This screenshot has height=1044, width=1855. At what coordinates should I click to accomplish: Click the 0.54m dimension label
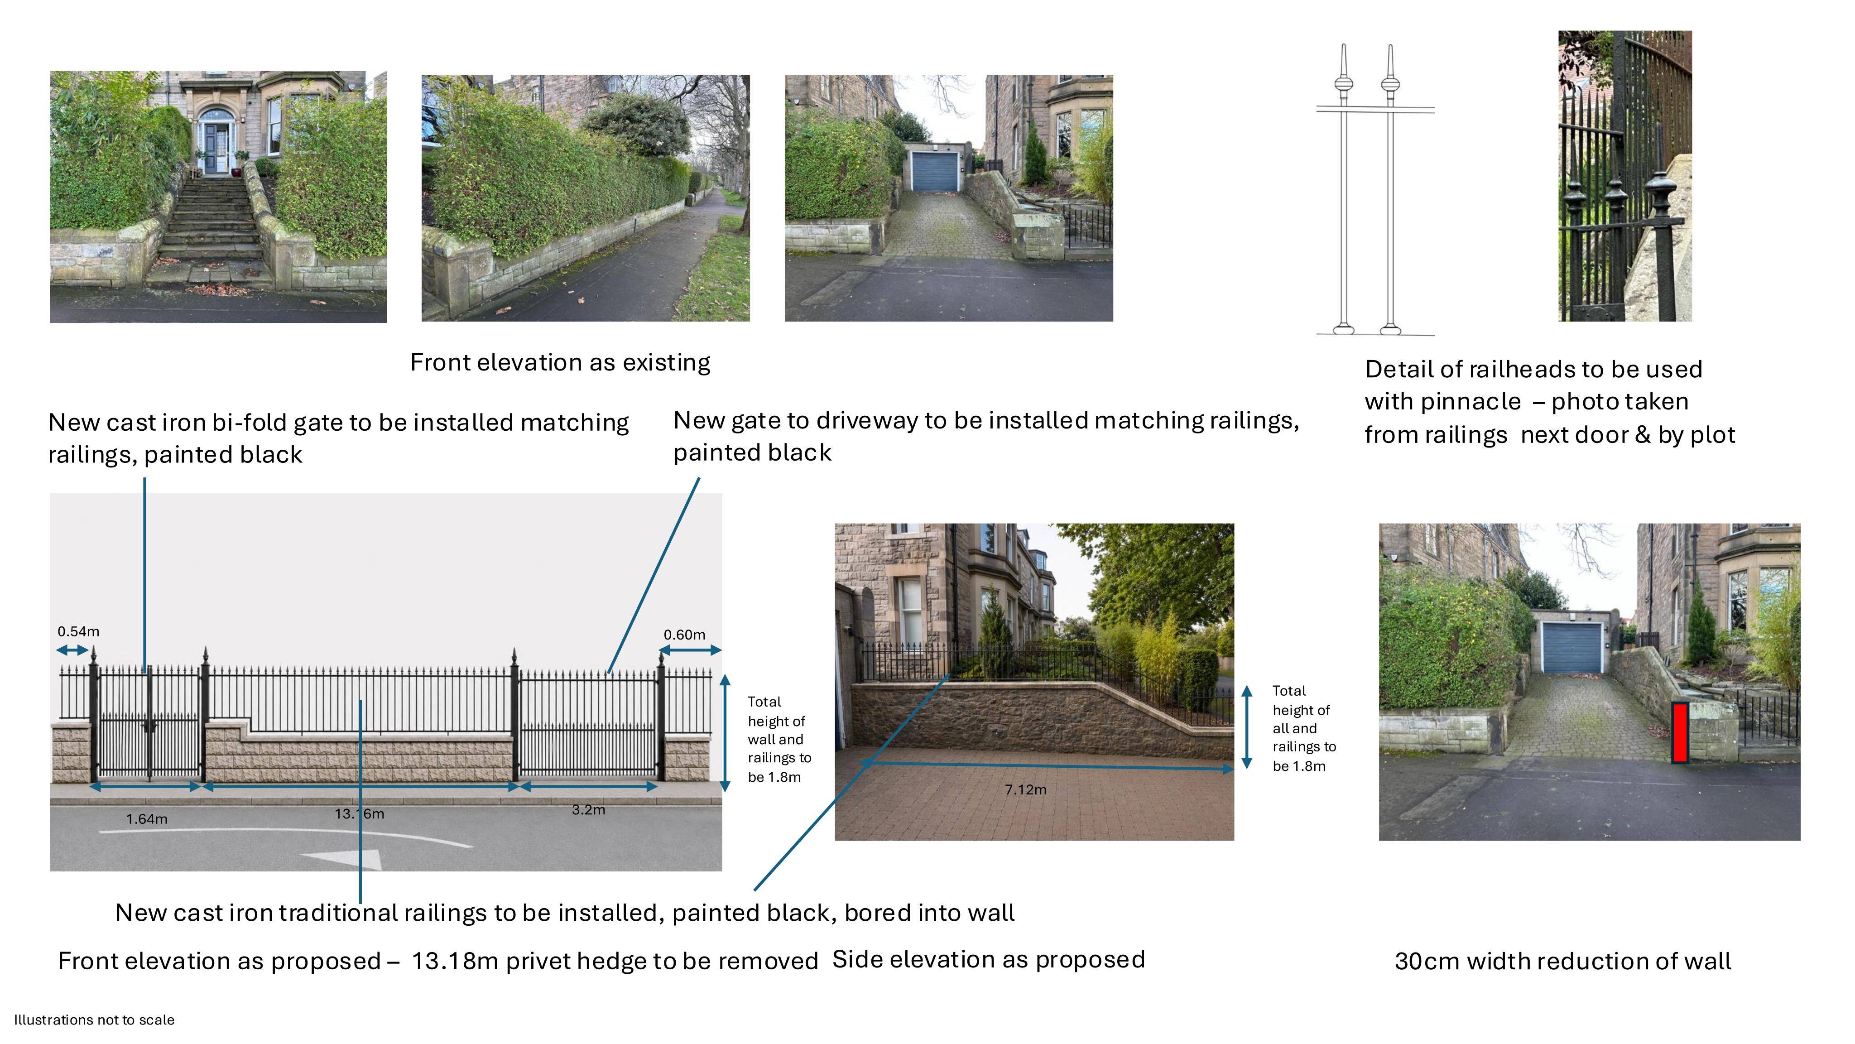coord(78,631)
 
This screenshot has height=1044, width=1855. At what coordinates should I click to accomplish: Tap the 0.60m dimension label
coord(684,634)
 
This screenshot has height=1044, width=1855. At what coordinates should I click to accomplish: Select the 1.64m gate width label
coord(147,818)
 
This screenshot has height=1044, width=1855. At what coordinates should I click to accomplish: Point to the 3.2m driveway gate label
coord(588,809)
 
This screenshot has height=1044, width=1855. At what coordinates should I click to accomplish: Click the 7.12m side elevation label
coord(1025,789)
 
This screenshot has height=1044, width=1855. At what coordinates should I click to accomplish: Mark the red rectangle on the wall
coord(1680,732)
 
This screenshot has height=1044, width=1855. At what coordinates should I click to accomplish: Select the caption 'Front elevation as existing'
coord(560,362)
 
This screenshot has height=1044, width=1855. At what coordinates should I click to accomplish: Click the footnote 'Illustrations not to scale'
coord(94,1020)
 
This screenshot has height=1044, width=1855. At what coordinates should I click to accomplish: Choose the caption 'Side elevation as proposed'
coord(989,960)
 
